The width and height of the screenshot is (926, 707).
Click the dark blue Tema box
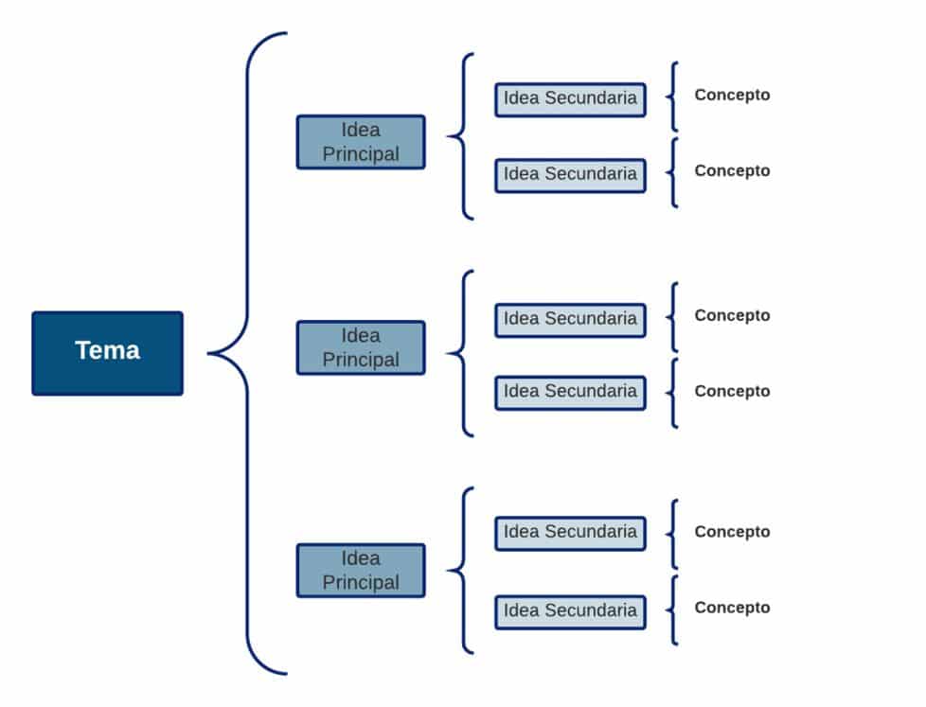[108, 353]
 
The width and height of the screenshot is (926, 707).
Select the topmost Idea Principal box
[361, 142]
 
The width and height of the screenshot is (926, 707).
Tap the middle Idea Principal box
[361, 347]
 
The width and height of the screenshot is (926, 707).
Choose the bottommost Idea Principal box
[361, 570]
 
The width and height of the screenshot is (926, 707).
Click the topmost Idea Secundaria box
[571, 99]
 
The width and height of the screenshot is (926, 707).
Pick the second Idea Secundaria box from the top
[571, 175]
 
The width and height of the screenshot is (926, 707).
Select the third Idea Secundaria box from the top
[571, 321]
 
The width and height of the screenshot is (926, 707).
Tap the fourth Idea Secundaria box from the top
[571, 393]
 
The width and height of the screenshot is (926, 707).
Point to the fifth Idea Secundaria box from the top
[571, 534]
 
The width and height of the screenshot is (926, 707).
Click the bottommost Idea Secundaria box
[571, 612]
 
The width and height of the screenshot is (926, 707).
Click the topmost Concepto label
[732, 95]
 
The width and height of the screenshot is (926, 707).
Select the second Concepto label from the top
[732, 171]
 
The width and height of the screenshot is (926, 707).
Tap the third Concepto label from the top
[732, 316]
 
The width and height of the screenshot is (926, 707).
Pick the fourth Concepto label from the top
[732, 391]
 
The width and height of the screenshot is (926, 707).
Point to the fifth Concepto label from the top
[732, 532]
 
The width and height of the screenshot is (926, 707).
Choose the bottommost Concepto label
[732, 608]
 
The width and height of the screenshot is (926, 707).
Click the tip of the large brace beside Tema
[208, 354]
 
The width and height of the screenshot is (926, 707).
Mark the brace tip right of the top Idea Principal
[447, 136]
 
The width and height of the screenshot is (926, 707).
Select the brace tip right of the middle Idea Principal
[447, 354]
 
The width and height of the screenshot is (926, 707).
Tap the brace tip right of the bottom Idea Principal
[447, 571]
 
